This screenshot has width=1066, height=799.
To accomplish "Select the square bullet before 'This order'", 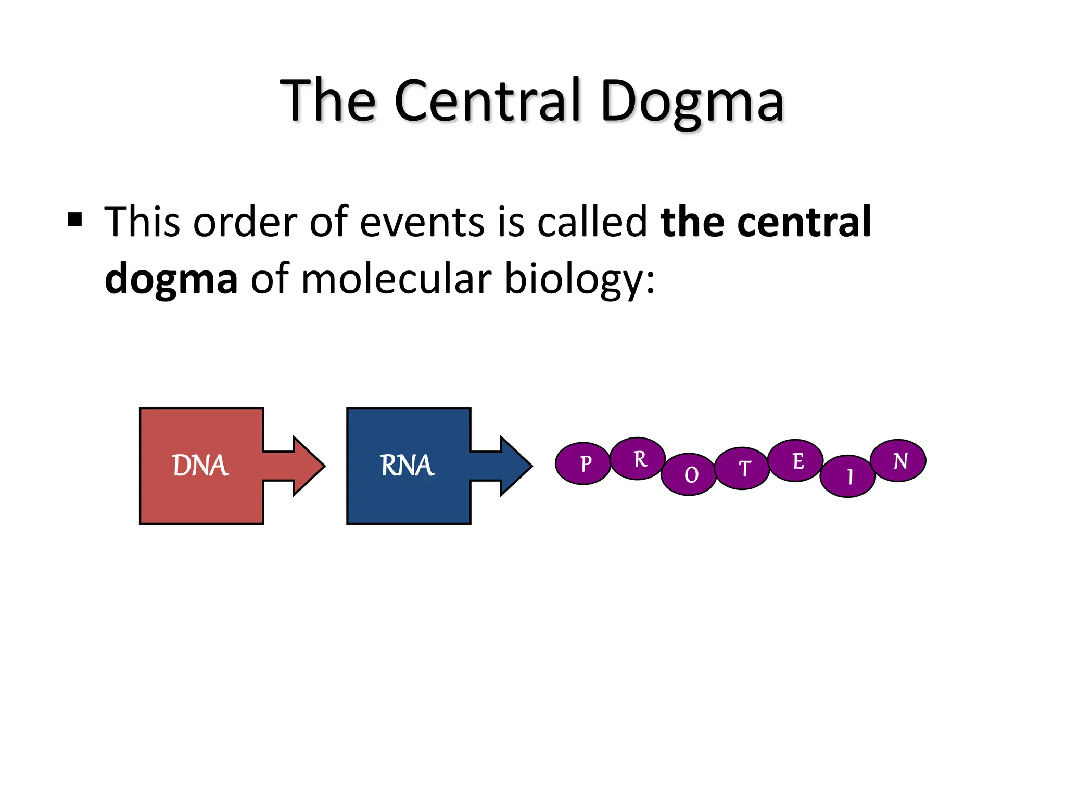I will pos(75,220).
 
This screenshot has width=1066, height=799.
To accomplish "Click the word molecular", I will pos(396,279).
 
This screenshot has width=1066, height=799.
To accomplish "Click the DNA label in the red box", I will pos(200,465).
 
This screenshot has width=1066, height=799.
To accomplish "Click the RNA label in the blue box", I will pos(407,465).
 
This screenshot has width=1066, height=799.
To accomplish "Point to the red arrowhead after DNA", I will pos(308,466).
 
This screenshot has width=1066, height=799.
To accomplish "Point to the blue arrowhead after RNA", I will pos(515,466).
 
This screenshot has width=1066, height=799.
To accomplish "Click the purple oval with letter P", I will pos(582,463).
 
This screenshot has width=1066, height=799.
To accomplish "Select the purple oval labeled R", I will pos(637,458).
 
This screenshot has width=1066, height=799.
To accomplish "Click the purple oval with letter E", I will pos(795,460).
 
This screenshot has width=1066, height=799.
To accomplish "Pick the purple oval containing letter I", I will pos(847,476).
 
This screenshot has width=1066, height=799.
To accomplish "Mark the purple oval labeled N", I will pos(898,460).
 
